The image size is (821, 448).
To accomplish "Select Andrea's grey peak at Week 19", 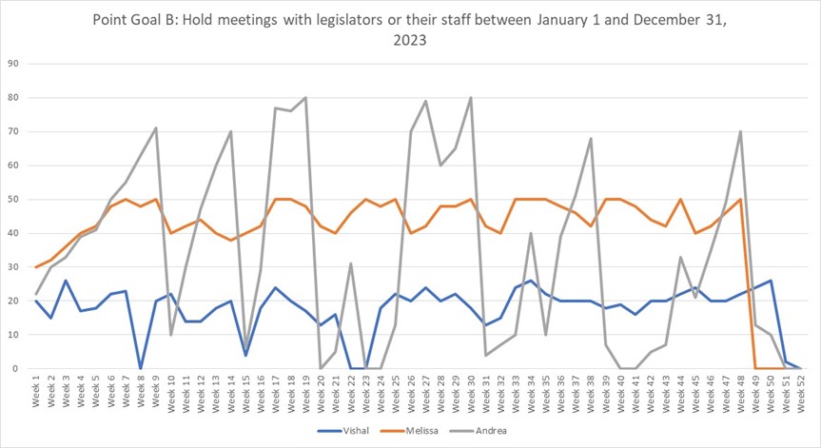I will click(305, 98).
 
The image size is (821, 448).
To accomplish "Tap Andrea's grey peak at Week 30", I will click(470, 98).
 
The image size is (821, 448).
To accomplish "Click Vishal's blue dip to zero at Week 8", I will click(141, 368).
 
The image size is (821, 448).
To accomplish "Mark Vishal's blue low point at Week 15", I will click(245, 355).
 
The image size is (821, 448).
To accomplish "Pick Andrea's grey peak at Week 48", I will click(739, 132).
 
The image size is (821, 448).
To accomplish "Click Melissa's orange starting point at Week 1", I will click(36, 267).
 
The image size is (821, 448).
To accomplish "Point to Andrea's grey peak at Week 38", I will click(590, 139).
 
